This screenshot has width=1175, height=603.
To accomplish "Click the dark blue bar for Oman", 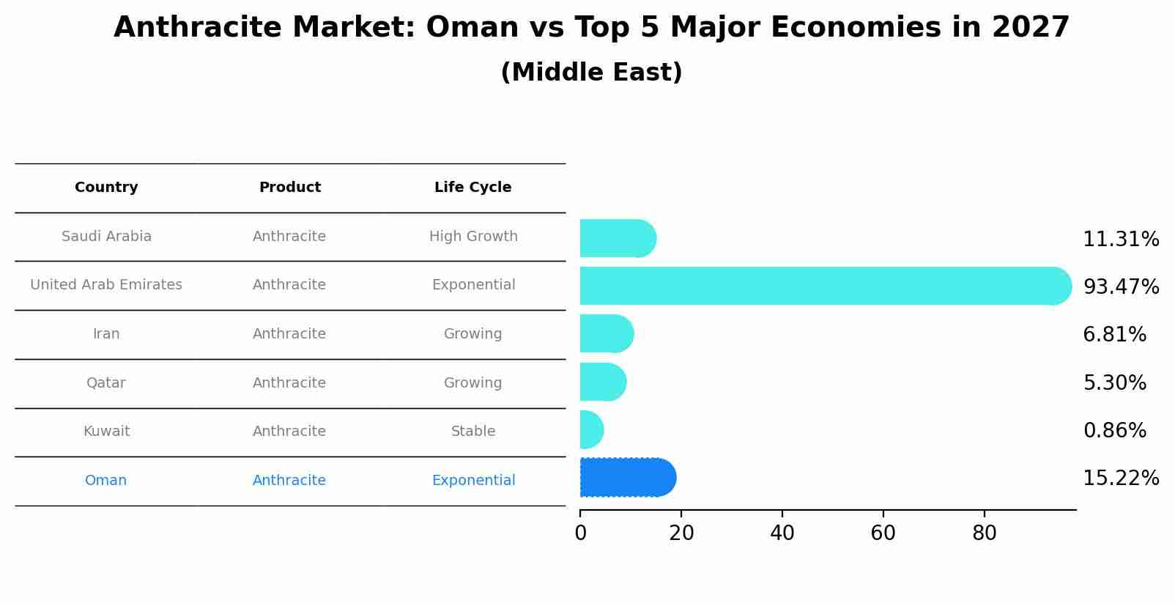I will click(x=627, y=478).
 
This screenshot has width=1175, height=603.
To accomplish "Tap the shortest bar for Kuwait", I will click(x=591, y=430).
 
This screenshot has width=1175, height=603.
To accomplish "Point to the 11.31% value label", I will click(x=1120, y=240).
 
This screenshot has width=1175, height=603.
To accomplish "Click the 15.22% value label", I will click(x=1120, y=478).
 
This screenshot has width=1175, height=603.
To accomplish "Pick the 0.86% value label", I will click(x=1114, y=431).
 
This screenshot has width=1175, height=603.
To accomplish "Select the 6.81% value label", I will click(x=1114, y=335).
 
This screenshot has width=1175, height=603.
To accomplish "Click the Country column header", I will click(x=106, y=188).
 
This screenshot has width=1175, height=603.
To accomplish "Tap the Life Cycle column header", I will click(x=472, y=188).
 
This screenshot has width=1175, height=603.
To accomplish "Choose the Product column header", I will click(x=289, y=188).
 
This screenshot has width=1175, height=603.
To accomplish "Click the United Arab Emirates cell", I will click(x=106, y=285).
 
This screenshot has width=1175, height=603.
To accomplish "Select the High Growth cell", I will click(x=473, y=237).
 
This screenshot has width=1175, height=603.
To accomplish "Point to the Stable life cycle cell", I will click(x=473, y=432).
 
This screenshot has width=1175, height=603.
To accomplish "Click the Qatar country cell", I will click(x=106, y=383).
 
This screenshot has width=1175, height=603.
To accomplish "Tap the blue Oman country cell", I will click(x=106, y=481).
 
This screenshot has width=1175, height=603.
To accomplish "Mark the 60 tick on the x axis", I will click(x=883, y=533).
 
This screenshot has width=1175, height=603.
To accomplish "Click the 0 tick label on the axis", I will click(x=580, y=533).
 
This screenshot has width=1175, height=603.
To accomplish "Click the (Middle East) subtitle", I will click(x=591, y=73).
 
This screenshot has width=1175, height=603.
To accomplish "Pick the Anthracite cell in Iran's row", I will click(x=289, y=334).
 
